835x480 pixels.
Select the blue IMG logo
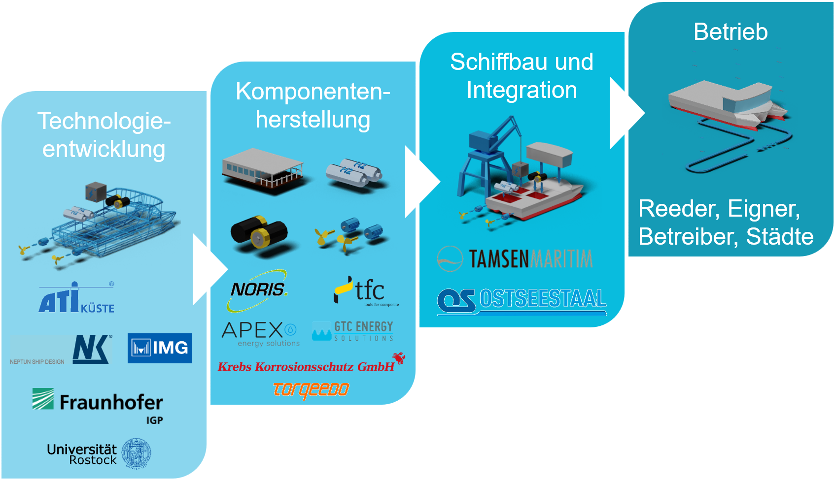click(x=159, y=348)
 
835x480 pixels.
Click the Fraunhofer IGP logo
click(x=98, y=405)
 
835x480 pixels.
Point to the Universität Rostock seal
click(x=136, y=453)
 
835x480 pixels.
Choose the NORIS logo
click(x=257, y=290)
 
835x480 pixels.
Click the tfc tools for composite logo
click(x=366, y=291)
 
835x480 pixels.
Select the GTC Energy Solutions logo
click(x=353, y=331)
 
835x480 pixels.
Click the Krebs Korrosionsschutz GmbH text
click(x=306, y=367)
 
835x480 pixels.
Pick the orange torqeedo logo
click(x=311, y=390)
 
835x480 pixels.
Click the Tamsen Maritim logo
click(x=515, y=258)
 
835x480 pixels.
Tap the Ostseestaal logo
click(x=522, y=300)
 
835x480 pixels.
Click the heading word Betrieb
click(x=731, y=32)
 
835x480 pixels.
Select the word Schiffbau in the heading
click(x=497, y=63)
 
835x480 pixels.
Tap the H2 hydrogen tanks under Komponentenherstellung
click(x=353, y=172)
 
